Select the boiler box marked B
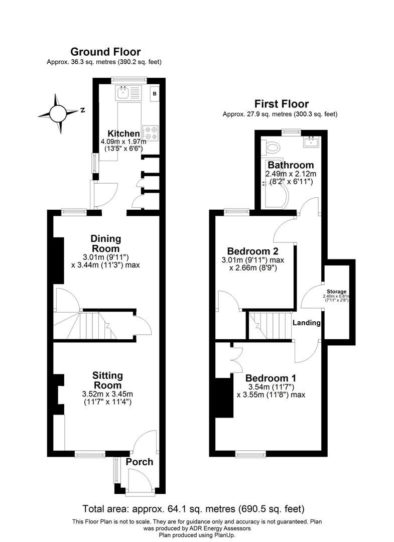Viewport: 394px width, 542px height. pos(155,93)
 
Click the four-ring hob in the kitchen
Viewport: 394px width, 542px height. pos(151,133)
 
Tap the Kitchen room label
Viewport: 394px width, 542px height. pos(123,133)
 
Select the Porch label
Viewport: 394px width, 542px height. pos(139,462)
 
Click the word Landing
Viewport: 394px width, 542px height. pos(306,323)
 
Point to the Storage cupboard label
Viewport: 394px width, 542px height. pos(337,292)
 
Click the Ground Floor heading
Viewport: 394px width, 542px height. pos(105,52)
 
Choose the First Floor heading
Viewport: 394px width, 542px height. pos(281,104)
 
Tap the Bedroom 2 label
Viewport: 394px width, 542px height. pos(252,251)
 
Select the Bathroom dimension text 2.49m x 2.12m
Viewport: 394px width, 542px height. pos(291,174)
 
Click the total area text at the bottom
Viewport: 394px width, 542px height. pos(193,508)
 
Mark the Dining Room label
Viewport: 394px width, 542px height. pos(105,243)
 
